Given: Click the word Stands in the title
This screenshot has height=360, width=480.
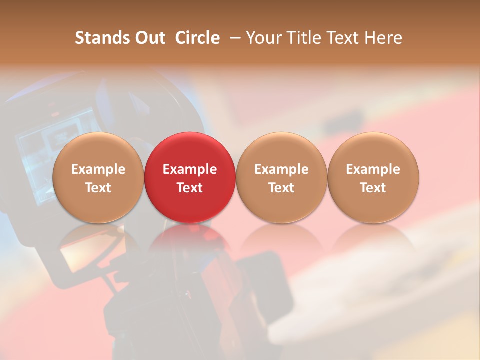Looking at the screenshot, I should pyautogui.click(x=99, y=38).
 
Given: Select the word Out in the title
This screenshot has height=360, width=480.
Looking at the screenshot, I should pyautogui.click(x=149, y=38).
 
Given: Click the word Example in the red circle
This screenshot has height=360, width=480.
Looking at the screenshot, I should pyautogui.click(x=190, y=169).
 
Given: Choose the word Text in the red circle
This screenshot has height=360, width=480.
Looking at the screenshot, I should pyautogui.click(x=190, y=188).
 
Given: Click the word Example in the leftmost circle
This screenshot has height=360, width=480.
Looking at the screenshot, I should pyautogui.click(x=98, y=169).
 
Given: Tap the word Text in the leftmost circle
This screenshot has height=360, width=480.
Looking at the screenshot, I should pyautogui.click(x=98, y=188).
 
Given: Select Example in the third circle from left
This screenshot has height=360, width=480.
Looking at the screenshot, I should pyautogui.click(x=281, y=169).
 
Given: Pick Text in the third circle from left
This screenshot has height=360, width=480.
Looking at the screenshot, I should pyautogui.click(x=281, y=188).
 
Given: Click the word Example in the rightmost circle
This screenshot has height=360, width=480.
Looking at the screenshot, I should pyautogui.click(x=373, y=169).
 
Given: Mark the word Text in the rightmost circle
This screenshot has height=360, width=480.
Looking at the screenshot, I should pyautogui.click(x=373, y=188).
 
